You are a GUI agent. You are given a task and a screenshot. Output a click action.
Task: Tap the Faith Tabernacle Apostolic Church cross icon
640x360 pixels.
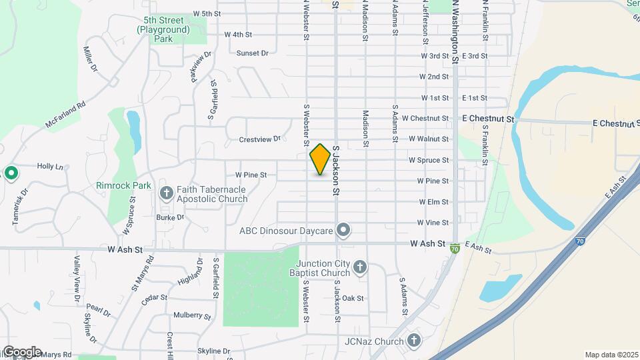tap(167, 193)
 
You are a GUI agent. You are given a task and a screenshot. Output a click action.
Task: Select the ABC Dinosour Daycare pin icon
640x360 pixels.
tap(344, 231)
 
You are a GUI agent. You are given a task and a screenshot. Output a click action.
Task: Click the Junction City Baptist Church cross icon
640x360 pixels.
tap(359, 268)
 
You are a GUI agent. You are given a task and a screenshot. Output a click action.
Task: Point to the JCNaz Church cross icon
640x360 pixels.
tap(414, 341)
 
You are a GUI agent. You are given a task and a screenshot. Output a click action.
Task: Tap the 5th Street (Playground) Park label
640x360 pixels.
tap(163, 29)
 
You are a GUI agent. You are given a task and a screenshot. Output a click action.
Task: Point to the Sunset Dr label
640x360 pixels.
tap(252, 53)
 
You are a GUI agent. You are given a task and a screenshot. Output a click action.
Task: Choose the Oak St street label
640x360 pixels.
tap(353, 298)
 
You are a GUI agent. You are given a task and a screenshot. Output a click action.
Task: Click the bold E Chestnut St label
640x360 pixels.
tap(489, 119)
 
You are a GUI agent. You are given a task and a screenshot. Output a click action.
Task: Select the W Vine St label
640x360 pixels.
tap(433, 223)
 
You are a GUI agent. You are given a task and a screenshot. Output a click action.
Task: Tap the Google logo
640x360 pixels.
tap(21, 352)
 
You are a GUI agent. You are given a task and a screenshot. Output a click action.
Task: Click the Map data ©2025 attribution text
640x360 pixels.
tap(611, 355)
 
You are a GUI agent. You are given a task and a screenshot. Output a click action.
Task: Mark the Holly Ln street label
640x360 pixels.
tap(50, 166)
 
